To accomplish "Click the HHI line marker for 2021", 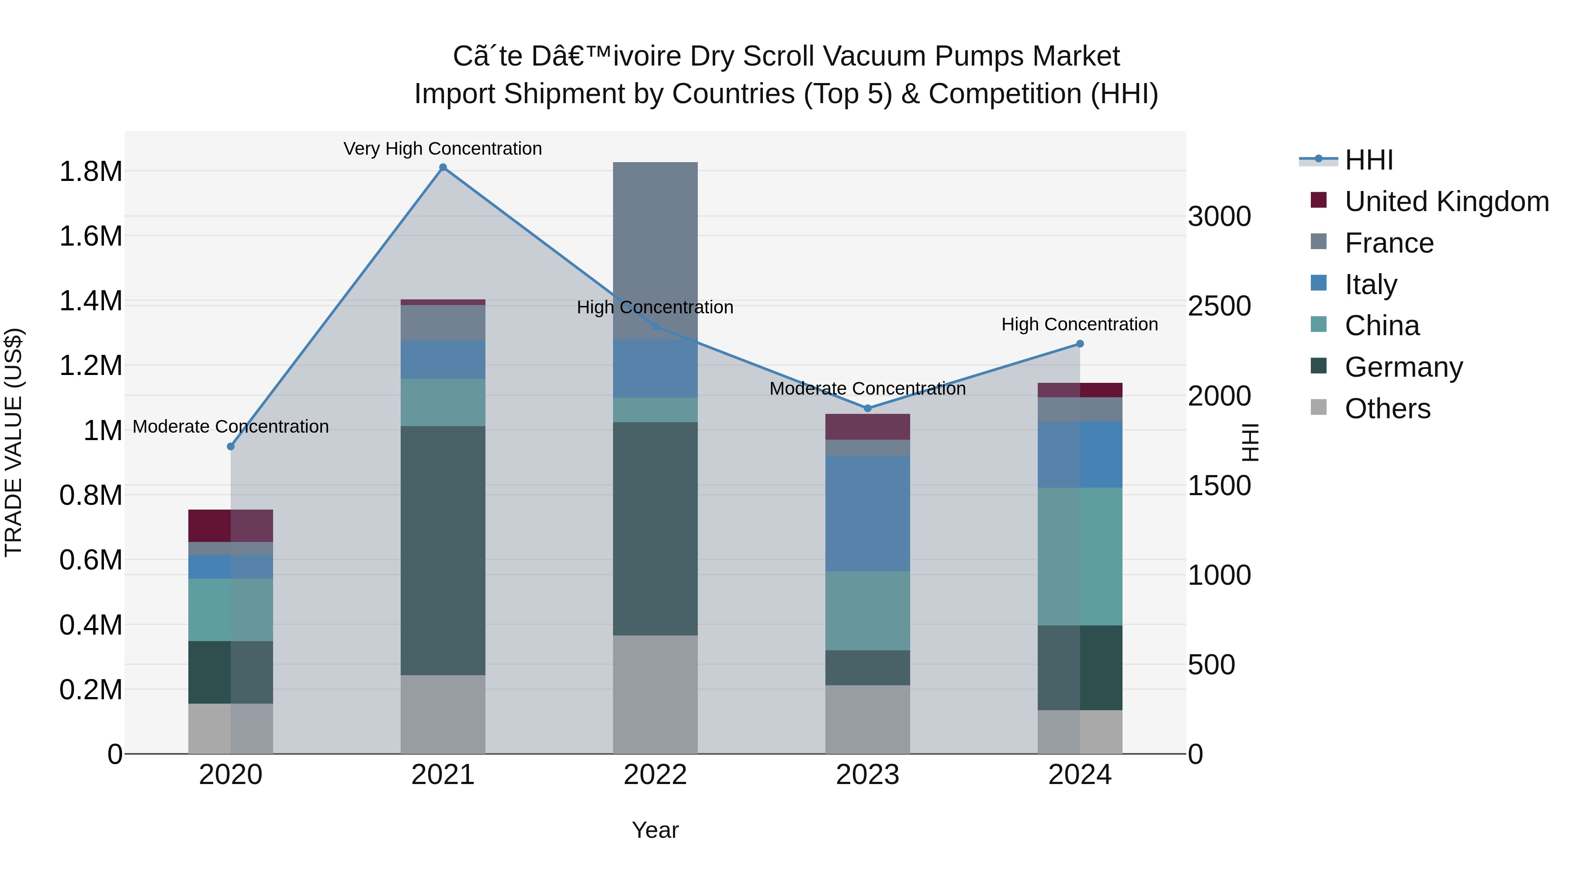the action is click(443, 167).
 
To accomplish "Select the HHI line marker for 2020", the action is click(231, 447).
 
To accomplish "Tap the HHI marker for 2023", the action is click(868, 408).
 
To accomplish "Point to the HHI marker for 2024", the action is click(1080, 344).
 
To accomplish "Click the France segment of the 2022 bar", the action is click(655, 251).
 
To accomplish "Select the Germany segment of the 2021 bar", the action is click(443, 550).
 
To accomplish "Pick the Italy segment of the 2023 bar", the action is click(868, 513).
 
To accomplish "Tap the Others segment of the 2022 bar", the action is click(655, 694).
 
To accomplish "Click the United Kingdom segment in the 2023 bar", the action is click(868, 427).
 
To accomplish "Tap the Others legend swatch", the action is click(1319, 407).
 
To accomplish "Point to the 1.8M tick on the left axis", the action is click(91, 172).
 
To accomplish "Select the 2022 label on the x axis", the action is click(655, 775).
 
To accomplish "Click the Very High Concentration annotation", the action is click(443, 149).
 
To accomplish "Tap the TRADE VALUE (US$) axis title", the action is click(14, 442).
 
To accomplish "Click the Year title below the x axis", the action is click(655, 830).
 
